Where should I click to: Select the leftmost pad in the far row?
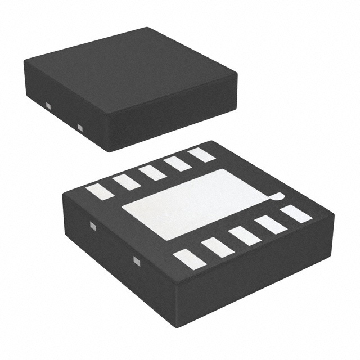[100, 191]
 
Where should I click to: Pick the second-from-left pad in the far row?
[126, 181]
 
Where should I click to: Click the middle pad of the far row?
[152, 172]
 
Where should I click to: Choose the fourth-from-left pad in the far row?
[178, 163]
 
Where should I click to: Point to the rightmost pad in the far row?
[201, 155]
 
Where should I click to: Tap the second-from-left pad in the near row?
[217, 246]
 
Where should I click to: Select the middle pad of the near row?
[245, 235]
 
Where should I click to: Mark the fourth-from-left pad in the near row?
[271, 224]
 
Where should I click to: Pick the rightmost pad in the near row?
[296, 214]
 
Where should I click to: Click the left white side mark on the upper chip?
[48, 105]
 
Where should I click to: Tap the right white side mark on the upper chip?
[79, 127]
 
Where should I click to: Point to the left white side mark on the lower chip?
[94, 227]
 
